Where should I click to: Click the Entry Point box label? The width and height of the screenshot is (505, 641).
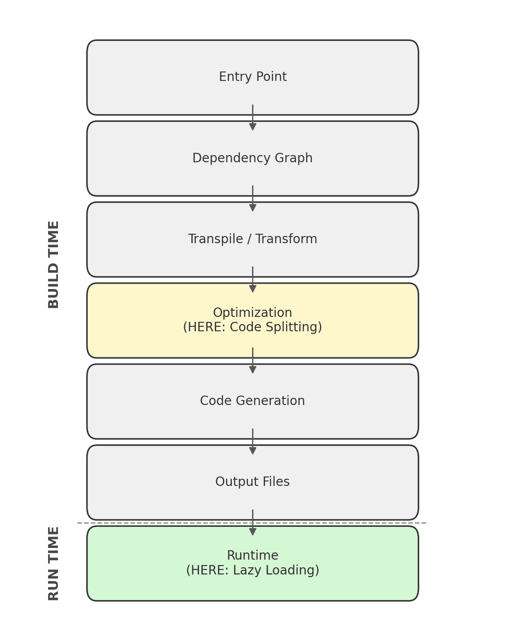pos(252,77)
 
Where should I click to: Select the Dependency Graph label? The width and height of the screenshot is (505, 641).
pos(252,158)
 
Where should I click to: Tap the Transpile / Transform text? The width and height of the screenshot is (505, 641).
pos(252,239)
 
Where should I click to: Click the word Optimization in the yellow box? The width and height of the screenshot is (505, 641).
pos(252,313)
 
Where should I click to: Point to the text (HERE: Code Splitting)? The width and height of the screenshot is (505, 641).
pos(252,327)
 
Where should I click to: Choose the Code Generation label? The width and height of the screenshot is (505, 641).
pos(252,401)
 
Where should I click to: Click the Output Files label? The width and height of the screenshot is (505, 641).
pos(252,482)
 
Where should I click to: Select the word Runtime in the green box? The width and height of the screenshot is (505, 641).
pos(252,556)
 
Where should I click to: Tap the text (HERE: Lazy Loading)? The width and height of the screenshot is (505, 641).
pos(252,570)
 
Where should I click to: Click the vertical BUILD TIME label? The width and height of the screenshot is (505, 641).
pos(53,264)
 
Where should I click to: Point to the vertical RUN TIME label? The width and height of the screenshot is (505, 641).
pos(53,563)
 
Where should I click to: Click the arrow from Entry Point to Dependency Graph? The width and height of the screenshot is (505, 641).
pos(252,118)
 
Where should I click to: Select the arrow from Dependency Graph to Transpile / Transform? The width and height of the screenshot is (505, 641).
pos(252,199)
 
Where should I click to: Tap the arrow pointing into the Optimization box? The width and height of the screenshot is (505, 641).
pos(252,280)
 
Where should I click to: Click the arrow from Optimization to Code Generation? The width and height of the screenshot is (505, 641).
pos(252,361)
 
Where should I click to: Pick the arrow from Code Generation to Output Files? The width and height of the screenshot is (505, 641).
pos(252,441)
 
